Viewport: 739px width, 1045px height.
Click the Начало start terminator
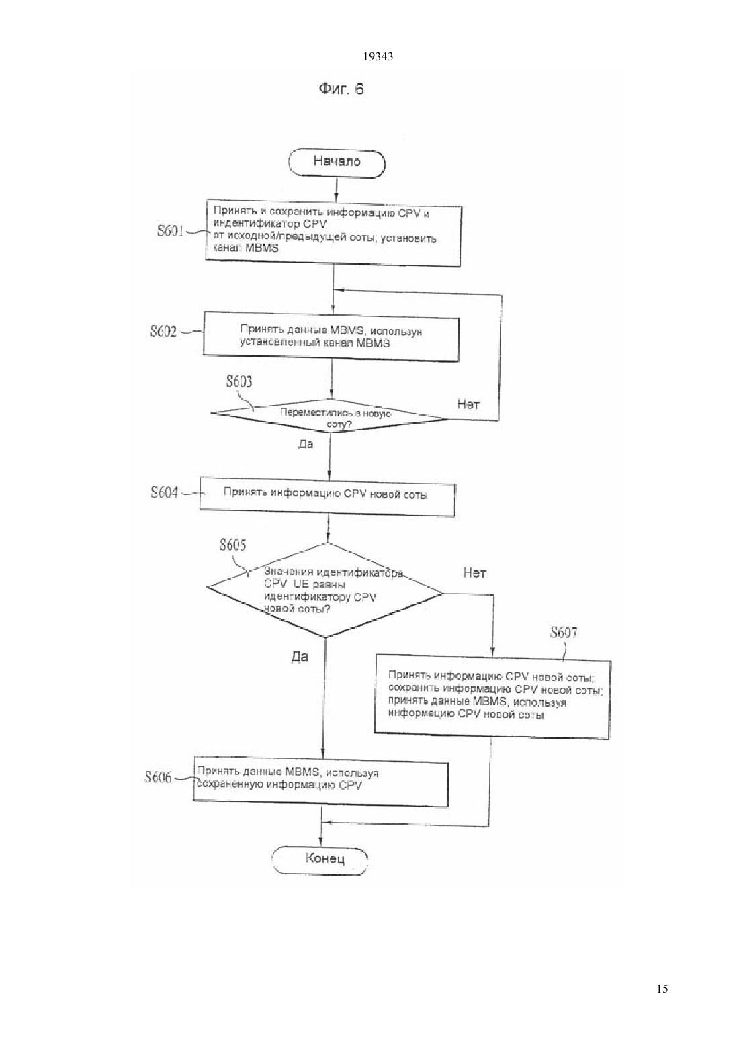(x=337, y=163)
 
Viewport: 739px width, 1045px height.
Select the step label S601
(x=171, y=231)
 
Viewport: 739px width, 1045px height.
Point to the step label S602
(x=163, y=331)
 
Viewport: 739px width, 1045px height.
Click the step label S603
(x=239, y=381)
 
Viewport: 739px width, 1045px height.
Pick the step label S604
(x=164, y=492)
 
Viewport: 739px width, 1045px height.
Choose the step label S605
(x=232, y=545)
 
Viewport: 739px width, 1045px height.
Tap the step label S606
(x=158, y=777)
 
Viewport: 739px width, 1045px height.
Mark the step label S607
(x=564, y=632)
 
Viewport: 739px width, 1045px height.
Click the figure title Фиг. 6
(x=341, y=89)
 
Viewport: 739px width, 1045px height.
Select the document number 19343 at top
(x=378, y=57)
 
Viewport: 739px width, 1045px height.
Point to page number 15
(x=662, y=988)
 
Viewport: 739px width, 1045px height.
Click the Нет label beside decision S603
(x=468, y=404)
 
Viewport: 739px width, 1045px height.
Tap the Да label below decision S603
(x=306, y=444)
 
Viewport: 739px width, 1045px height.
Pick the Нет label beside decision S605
(x=474, y=572)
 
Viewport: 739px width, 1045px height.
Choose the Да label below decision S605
(x=300, y=656)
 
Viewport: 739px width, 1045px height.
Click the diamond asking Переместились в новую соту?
(x=328, y=416)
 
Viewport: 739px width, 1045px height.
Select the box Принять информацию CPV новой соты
(x=328, y=496)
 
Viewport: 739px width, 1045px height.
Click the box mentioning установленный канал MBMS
(x=331, y=336)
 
